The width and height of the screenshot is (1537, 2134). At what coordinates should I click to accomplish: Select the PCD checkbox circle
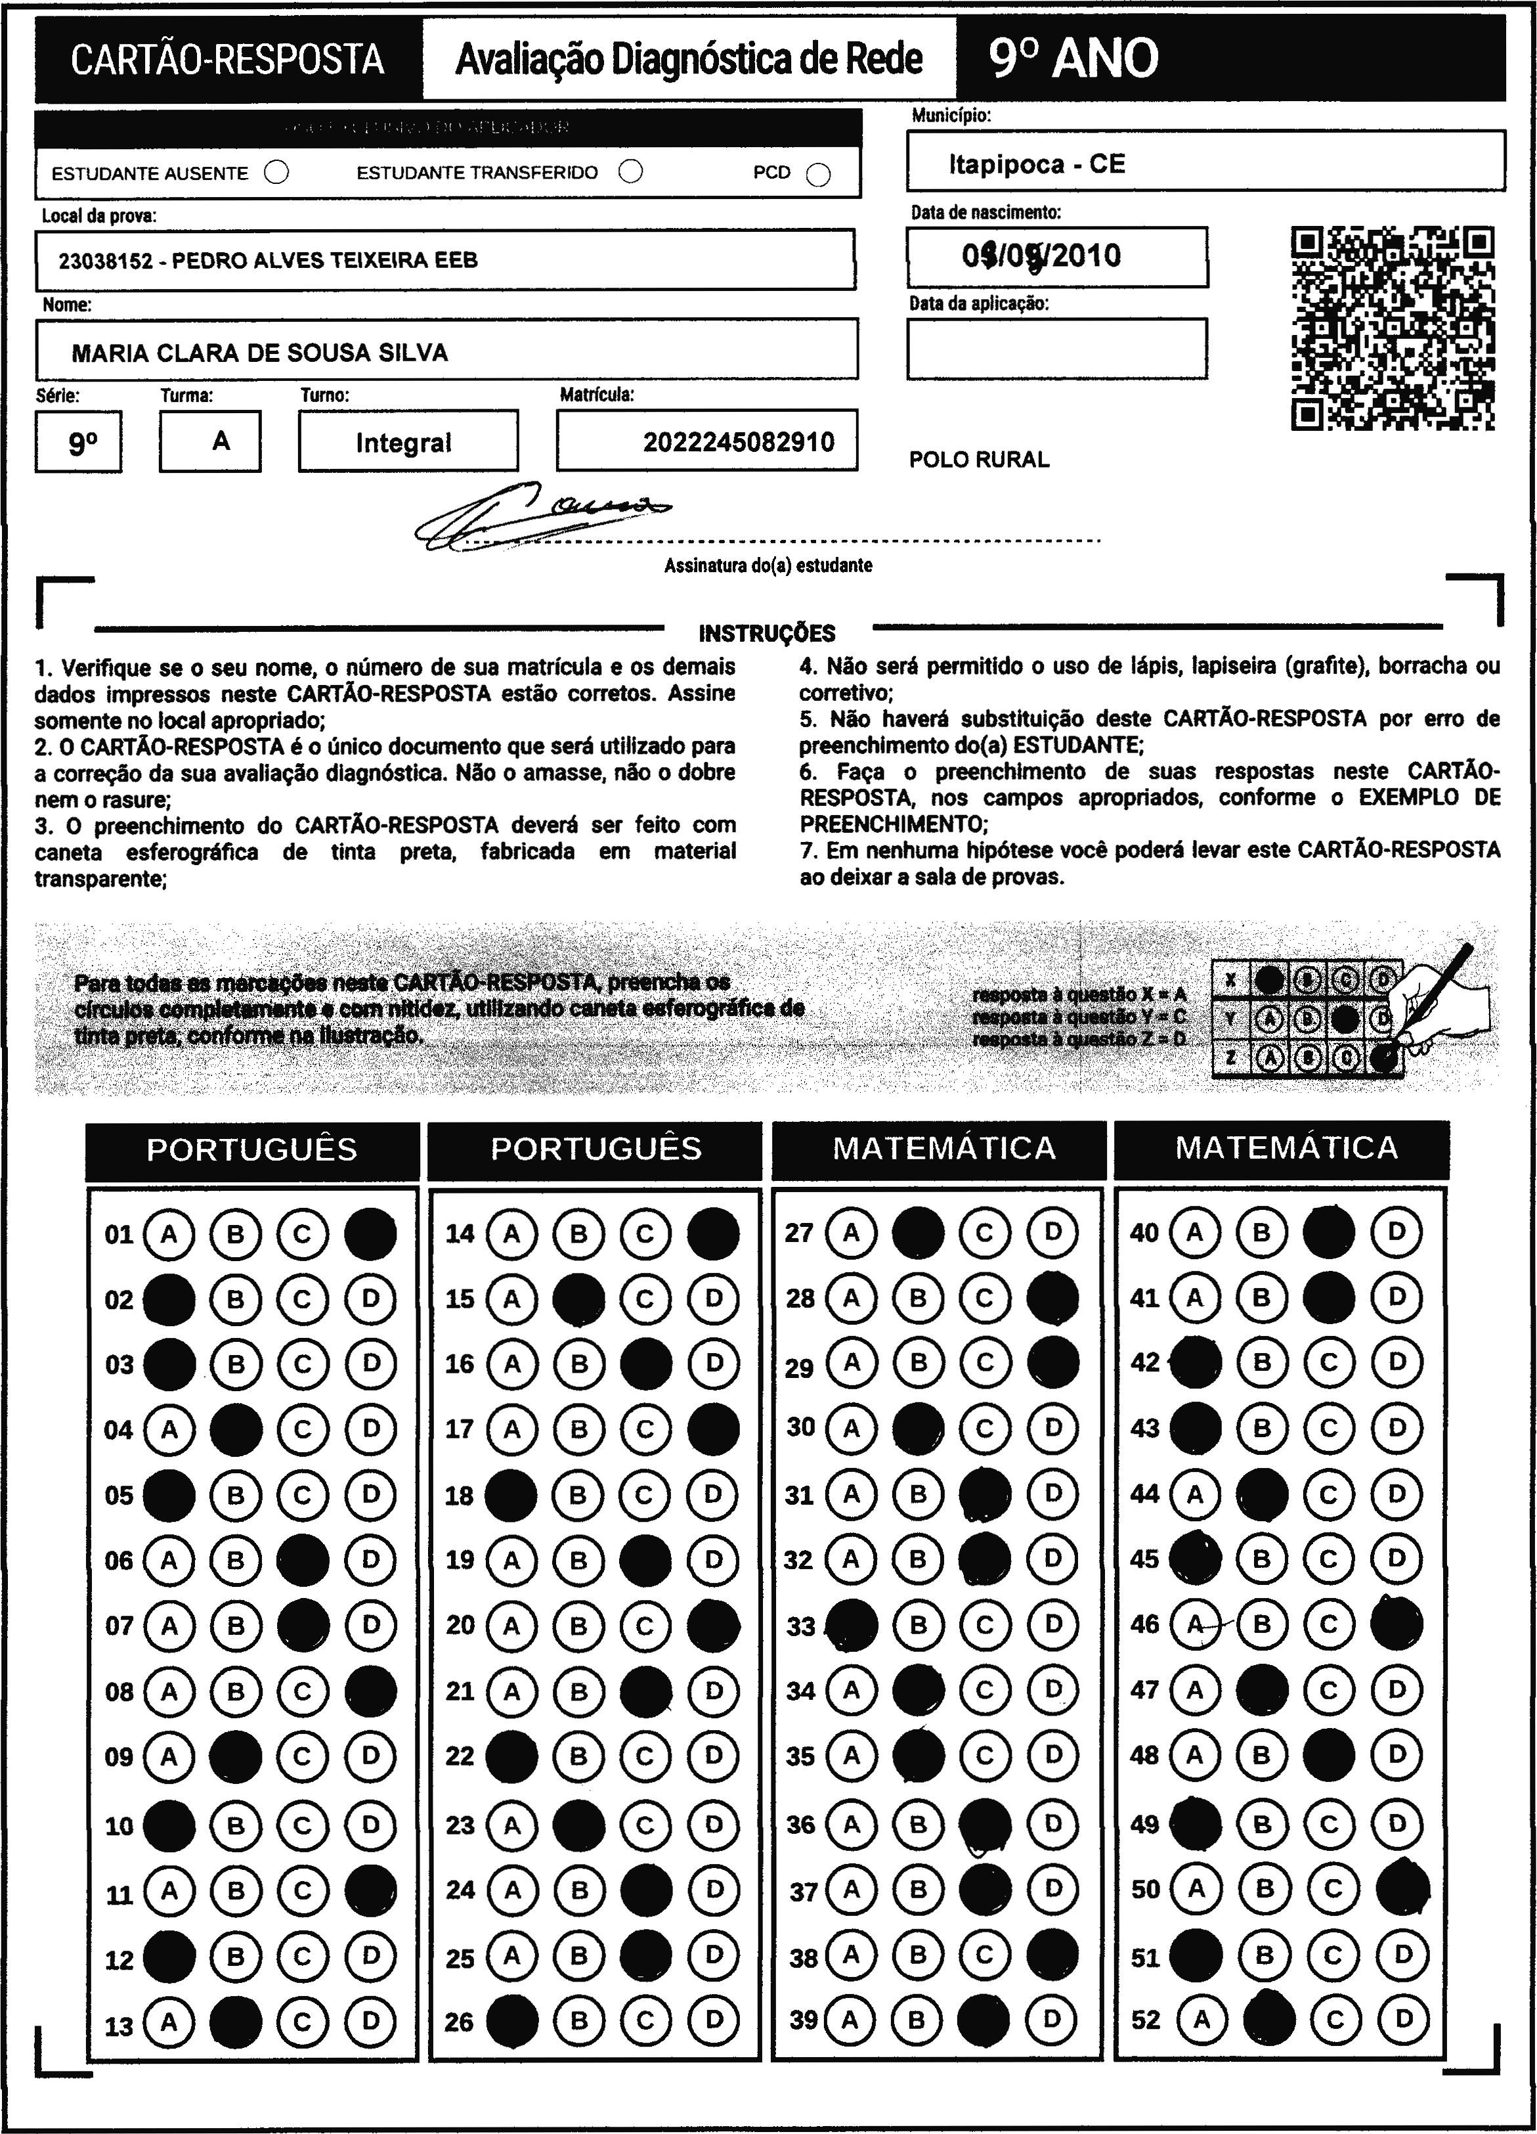818,175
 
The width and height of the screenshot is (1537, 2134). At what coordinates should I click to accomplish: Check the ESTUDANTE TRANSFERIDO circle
631,171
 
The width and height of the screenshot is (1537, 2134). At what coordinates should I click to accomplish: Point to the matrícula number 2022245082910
739,442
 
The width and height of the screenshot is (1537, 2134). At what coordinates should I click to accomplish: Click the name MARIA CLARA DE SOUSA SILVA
259,353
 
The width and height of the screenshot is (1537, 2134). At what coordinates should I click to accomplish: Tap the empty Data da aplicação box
1056,349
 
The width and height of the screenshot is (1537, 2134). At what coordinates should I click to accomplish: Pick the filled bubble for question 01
370,1234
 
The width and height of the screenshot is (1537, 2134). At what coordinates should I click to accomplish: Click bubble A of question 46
1195,1624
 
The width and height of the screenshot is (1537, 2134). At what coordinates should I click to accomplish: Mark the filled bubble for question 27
918,1233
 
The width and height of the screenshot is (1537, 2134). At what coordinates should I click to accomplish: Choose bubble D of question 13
370,2021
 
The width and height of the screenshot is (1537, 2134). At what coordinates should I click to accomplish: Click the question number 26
459,2022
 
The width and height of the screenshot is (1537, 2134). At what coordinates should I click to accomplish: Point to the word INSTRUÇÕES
767,633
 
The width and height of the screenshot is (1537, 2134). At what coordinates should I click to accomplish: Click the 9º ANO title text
1073,59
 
